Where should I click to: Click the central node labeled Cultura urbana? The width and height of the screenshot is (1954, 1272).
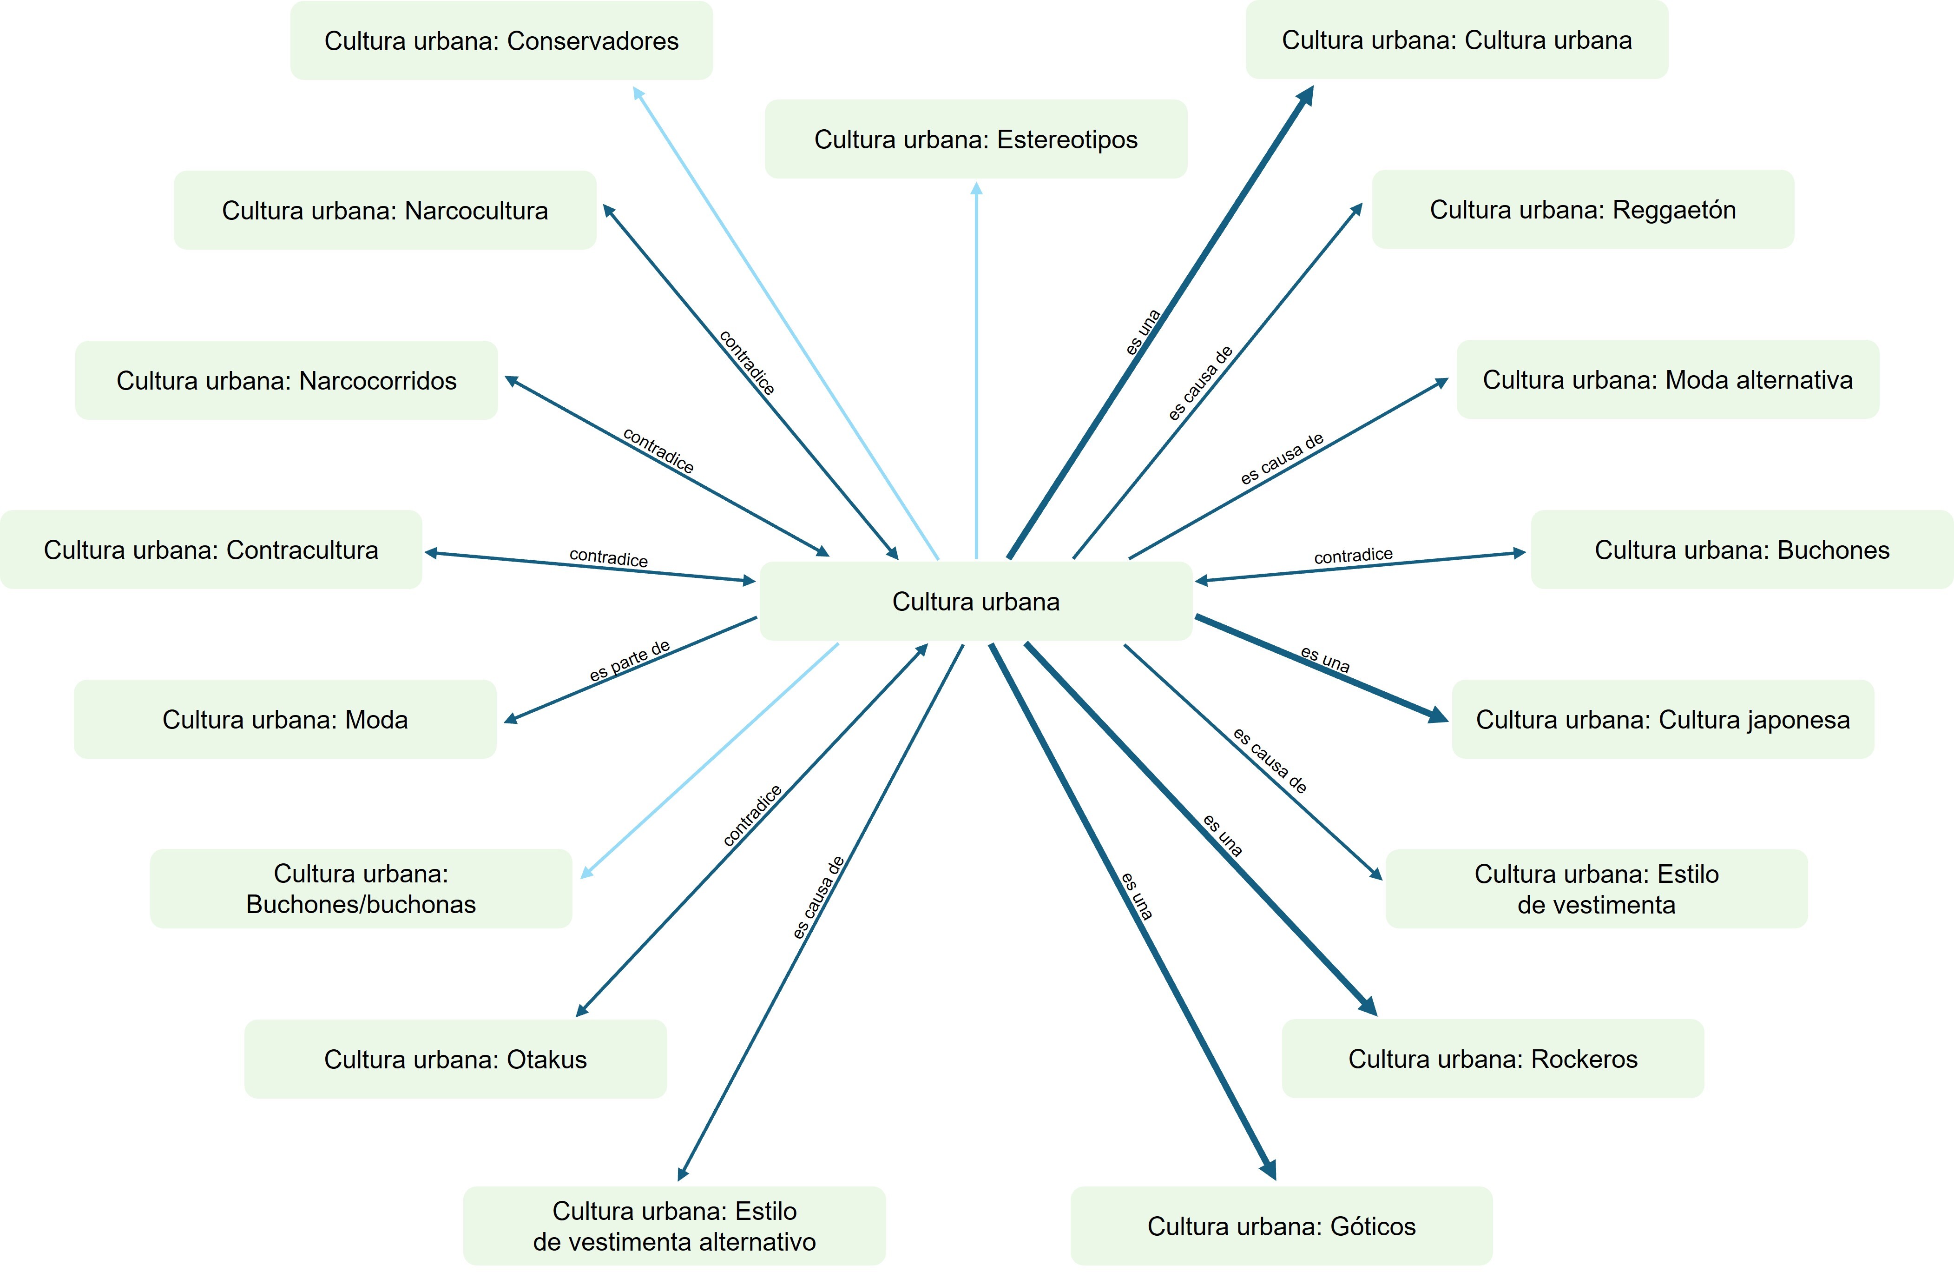(975, 601)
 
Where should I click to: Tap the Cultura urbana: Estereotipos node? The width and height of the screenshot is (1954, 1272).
(975, 139)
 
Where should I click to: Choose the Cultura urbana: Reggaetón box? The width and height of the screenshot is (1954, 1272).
(1582, 209)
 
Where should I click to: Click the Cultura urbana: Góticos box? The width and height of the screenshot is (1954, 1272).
(1281, 1226)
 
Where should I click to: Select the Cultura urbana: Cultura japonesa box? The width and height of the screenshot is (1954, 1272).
(1663, 719)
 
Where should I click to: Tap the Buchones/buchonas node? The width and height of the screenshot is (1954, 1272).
(361, 888)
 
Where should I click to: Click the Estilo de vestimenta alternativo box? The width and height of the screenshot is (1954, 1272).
(674, 1226)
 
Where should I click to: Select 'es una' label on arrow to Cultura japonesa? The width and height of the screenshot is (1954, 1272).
(1325, 659)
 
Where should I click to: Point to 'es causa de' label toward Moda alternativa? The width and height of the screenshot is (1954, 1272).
(1282, 458)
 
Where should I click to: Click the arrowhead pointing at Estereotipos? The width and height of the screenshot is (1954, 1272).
(976, 189)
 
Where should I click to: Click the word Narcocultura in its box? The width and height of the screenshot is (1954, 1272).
(476, 210)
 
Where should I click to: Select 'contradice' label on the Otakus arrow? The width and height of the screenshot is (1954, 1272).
(752, 815)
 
